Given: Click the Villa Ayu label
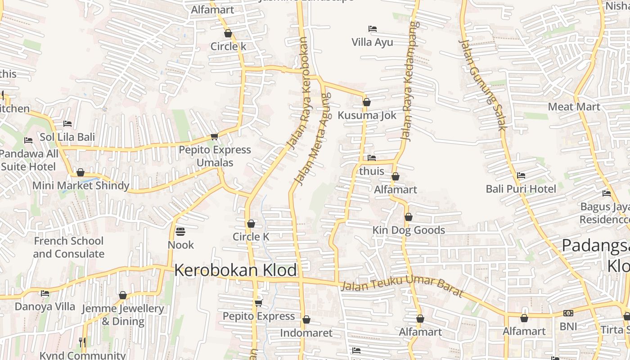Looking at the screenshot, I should click(372, 42).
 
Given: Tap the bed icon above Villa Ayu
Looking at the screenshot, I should click(372, 29).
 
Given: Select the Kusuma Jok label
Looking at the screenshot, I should click(367, 115).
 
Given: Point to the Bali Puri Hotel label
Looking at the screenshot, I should click(521, 189).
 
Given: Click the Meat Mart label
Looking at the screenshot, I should click(574, 107).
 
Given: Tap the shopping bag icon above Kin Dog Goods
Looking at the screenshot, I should click(408, 217).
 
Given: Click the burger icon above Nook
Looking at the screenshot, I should click(180, 232).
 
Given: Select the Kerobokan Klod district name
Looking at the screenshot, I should click(235, 270).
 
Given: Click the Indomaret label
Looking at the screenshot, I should click(306, 333).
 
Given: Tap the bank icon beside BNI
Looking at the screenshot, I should click(568, 313).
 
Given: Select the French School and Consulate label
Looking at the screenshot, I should click(68, 247).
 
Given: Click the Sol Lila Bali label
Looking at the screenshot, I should click(67, 137).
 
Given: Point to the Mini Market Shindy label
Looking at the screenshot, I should click(81, 185).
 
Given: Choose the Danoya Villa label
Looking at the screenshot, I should click(45, 307).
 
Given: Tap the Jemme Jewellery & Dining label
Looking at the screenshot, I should click(123, 315).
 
